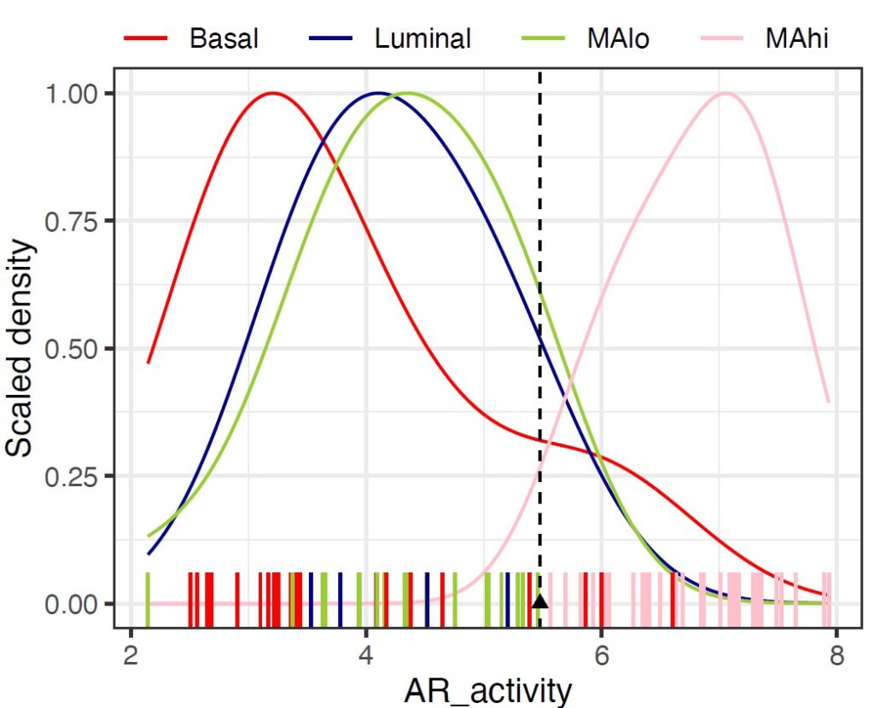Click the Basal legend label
pyautogui.click(x=224, y=38)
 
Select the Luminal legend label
pyautogui.click(x=423, y=38)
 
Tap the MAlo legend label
pyautogui.click(x=618, y=38)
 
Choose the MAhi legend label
pyautogui.click(x=797, y=38)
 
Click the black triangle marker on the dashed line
pyautogui.click(x=539, y=601)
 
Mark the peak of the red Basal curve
pyautogui.click(x=272, y=93)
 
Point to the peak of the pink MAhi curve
pyautogui.click(x=725, y=93)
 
